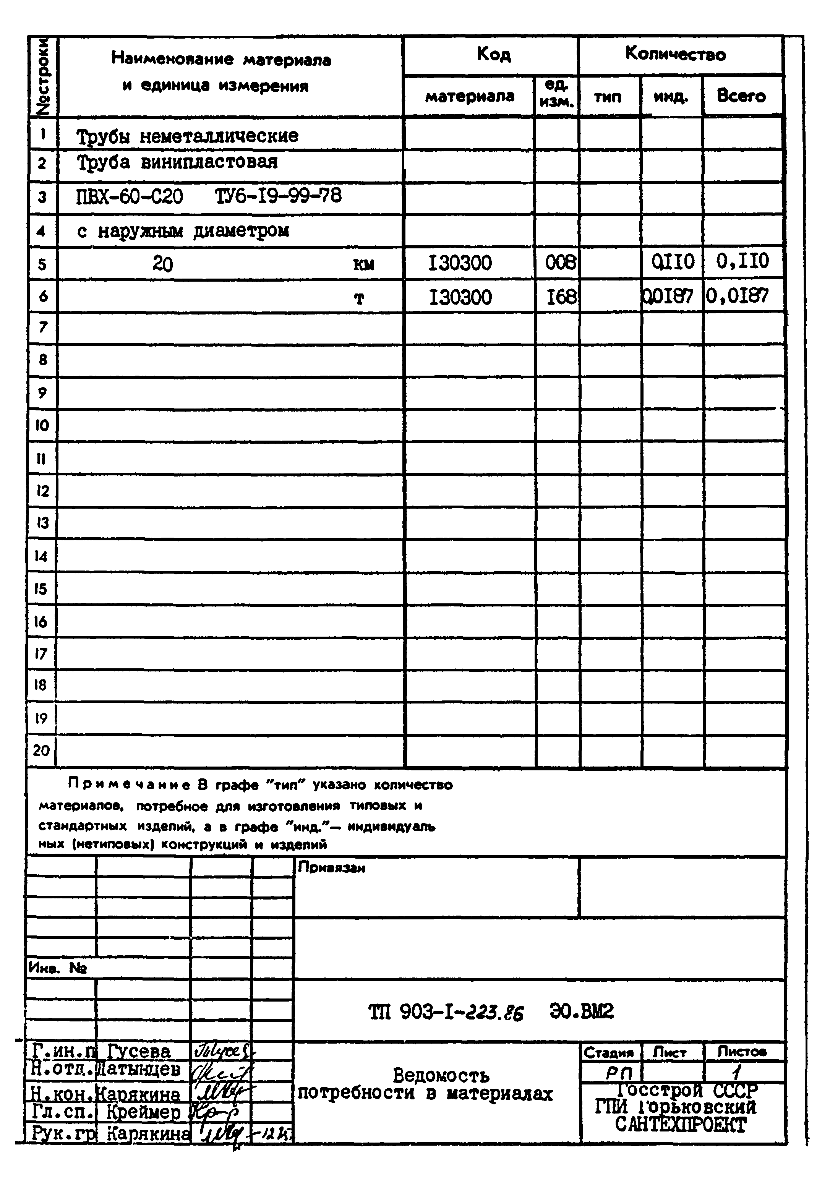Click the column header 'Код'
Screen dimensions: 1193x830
[x=493, y=54]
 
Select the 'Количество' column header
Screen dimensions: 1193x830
[x=675, y=53]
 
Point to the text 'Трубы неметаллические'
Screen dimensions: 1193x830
[x=188, y=136]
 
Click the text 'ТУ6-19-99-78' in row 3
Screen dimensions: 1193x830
[x=278, y=196]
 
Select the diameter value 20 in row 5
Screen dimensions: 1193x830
[x=162, y=264]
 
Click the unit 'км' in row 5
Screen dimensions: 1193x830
[x=363, y=265]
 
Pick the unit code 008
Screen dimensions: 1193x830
[x=560, y=263]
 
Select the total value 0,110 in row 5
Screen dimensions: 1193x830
[x=742, y=261]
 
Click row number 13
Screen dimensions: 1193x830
[x=42, y=523]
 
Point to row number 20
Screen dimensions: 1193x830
[x=41, y=750]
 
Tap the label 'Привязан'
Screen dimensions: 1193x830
[x=332, y=868]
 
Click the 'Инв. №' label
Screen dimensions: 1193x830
[x=58, y=968]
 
